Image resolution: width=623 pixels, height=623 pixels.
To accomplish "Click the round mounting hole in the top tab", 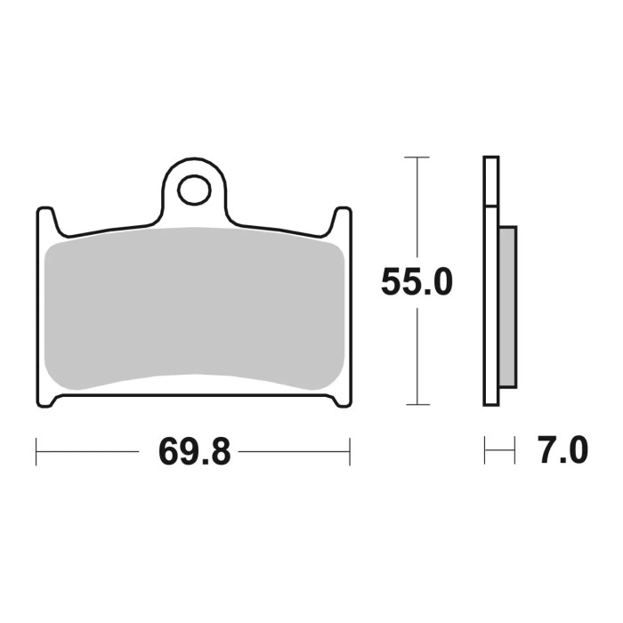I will pos(193,189).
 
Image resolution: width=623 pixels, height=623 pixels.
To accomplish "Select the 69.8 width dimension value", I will pos(194,451).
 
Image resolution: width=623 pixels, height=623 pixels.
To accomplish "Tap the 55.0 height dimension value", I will pos(417,282).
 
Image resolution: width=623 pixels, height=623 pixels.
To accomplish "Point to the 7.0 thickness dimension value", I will pos(562,451).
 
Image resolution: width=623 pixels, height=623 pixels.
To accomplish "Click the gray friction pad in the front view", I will pos(194,311).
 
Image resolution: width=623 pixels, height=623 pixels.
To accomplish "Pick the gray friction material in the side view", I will pos(507,307).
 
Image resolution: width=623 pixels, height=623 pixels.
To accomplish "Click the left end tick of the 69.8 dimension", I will pos(36,451).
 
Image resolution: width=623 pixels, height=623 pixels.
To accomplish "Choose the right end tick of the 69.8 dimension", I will pos(350,451).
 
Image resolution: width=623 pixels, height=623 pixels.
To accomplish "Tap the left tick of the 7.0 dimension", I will pos(485,451).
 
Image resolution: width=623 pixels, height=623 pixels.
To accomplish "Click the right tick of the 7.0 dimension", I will pos(514,451).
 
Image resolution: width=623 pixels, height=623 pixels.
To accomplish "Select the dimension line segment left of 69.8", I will pos(89,451).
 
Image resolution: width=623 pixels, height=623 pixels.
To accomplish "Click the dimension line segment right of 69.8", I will pos(294,451).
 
